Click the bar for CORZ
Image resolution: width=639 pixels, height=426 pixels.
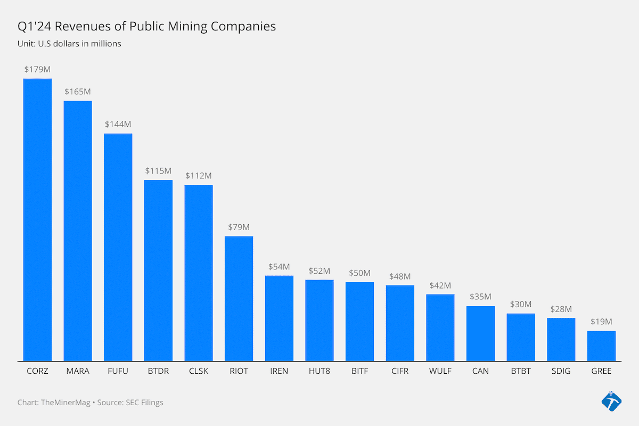(x=37, y=219)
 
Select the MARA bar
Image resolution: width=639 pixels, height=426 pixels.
(x=78, y=231)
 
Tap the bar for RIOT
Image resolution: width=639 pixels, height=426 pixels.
(x=239, y=298)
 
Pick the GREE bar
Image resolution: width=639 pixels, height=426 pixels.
(x=601, y=346)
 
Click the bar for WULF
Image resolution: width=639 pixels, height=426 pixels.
(x=440, y=327)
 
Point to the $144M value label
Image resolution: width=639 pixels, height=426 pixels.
(x=118, y=124)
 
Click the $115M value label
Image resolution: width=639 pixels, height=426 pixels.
(x=158, y=171)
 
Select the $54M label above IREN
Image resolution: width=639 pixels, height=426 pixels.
(x=279, y=266)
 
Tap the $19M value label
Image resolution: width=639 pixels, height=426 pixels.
(x=601, y=322)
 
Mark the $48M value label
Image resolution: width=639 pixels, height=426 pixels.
(x=400, y=276)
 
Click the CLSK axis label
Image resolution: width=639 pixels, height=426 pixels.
(x=199, y=371)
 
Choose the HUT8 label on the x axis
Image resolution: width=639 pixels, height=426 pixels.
(x=319, y=371)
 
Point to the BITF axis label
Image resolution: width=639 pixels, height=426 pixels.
(x=359, y=371)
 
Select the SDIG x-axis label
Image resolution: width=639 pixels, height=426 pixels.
(x=561, y=371)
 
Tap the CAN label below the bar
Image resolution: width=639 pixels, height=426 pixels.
(x=480, y=371)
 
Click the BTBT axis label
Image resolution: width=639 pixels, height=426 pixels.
(x=521, y=371)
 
